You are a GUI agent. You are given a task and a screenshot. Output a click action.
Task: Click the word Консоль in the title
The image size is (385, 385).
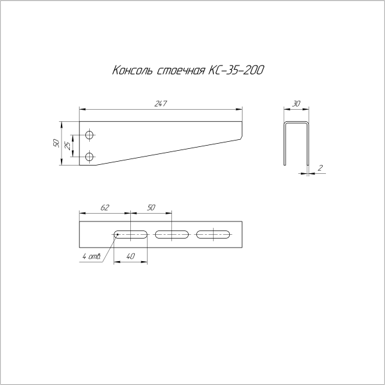[133, 70]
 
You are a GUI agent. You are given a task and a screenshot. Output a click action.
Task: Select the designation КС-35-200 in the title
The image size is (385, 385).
[235, 70]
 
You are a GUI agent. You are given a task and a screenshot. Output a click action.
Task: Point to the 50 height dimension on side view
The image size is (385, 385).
[56, 143]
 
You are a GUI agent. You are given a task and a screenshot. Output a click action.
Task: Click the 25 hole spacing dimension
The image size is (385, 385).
[68, 146]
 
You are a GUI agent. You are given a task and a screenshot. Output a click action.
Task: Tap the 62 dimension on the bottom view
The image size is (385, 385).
[105, 207]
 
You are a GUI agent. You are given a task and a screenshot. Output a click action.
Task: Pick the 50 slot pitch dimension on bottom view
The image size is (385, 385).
[151, 207]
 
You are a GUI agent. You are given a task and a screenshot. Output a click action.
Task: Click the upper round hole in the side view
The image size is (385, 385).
[90, 135]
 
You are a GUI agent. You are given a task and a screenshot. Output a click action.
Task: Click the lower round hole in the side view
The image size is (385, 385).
[90, 156]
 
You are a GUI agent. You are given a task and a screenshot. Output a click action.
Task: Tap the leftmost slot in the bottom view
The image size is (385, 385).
[131, 234]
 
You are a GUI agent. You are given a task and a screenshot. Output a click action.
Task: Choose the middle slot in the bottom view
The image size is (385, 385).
[172, 234]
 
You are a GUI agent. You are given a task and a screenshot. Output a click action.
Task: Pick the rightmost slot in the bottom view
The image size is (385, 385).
[213, 234]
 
